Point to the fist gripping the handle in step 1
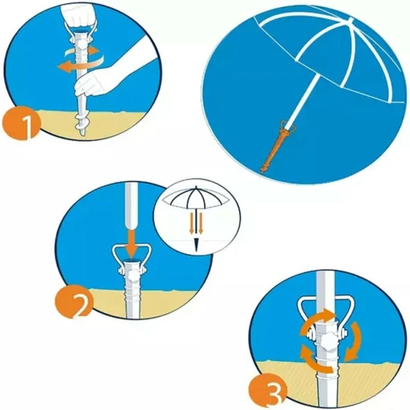tap(78, 15)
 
